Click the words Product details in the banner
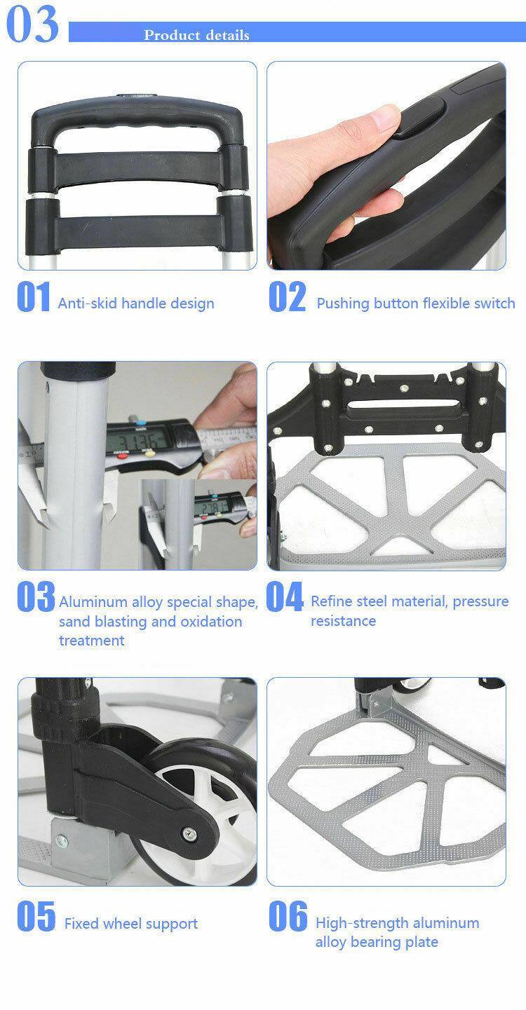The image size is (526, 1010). tap(196, 35)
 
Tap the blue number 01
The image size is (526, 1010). tap(33, 297)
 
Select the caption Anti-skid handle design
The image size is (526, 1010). tap(136, 303)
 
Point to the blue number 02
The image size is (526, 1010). tap(288, 297)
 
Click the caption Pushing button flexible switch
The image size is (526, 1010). tap(415, 303)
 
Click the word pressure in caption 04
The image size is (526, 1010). tap(480, 601)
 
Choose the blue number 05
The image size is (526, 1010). tap(35, 917)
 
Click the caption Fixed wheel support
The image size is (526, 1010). tap(131, 924)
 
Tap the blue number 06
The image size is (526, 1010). tap(288, 917)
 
